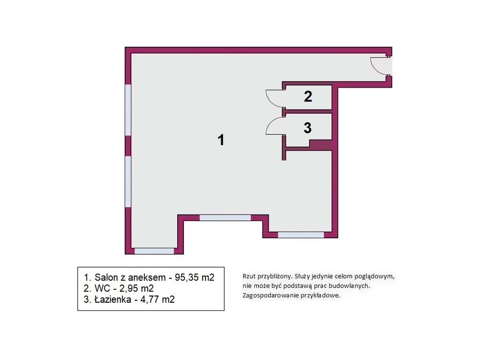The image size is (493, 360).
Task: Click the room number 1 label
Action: click(x=221, y=140)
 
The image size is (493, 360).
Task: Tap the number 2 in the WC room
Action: click(x=308, y=97)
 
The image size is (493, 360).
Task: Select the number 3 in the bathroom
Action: click(x=308, y=128)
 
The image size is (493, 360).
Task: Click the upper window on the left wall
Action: click(x=128, y=110)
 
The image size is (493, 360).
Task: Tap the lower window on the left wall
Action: click(x=128, y=181)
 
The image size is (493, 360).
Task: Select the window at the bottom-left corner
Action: click(x=154, y=251)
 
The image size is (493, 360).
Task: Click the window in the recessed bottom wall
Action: click(x=225, y=218)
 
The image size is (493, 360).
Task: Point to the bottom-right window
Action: click(x=300, y=234)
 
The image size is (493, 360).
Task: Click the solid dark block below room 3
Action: click(x=321, y=145)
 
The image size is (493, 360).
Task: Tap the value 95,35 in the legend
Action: click(x=186, y=277)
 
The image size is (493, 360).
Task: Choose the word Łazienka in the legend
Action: click(x=113, y=299)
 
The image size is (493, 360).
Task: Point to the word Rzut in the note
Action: click(x=248, y=276)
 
